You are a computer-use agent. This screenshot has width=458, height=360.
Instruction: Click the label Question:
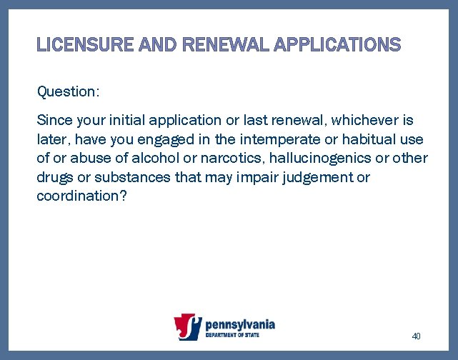click(68, 91)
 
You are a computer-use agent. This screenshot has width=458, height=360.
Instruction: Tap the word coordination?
click(81, 196)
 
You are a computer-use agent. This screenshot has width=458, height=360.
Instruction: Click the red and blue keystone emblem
click(189, 327)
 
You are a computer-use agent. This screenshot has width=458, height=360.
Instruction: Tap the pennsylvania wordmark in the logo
click(239, 324)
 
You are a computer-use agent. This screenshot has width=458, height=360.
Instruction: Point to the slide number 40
click(417, 336)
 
